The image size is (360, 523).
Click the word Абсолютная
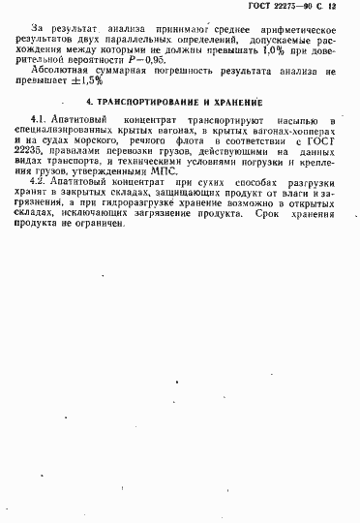pos(59,71)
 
